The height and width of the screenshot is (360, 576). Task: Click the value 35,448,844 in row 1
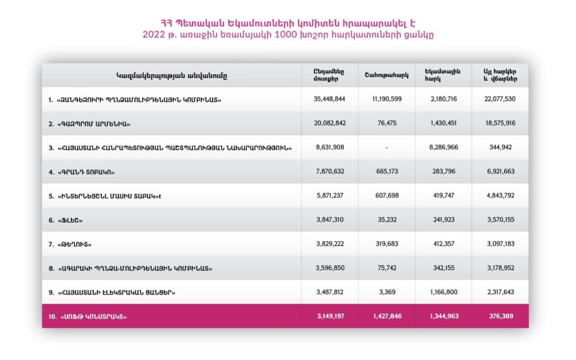point(329,99)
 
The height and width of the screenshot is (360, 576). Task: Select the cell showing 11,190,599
point(386,99)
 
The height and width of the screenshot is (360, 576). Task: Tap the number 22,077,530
point(499,99)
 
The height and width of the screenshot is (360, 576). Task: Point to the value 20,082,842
point(329,123)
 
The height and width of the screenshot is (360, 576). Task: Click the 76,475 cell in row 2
point(386,123)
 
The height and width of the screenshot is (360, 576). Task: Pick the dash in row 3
point(386,147)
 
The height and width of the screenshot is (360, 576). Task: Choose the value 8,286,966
point(443,147)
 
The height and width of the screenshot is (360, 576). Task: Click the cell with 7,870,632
point(329,172)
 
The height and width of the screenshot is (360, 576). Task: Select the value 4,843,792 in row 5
point(499,196)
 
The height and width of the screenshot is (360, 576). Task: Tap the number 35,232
point(386,220)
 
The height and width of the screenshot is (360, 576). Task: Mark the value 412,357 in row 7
point(443,244)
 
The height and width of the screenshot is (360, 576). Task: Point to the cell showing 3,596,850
point(329,268)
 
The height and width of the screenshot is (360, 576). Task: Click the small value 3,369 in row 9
point(386,292)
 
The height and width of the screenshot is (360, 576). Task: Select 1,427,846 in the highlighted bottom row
point(386,317)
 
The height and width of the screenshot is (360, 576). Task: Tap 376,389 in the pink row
point(499,317)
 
